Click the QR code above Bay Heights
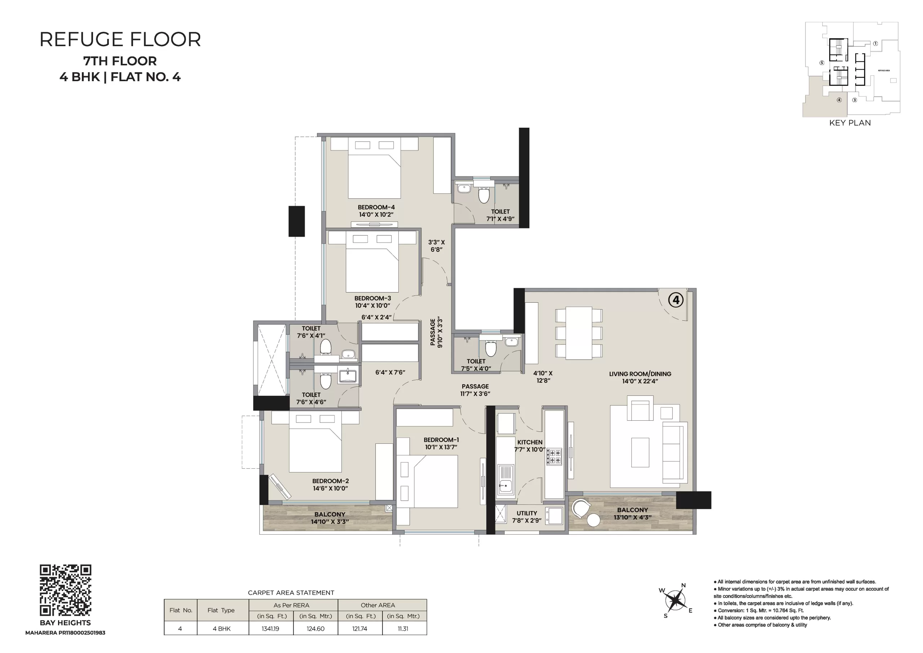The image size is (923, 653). point(66,590)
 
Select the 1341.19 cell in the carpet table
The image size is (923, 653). point(270,628)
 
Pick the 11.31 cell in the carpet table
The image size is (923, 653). point(403,628)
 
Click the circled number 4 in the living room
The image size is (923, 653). point(676,300)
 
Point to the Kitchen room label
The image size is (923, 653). point(530,442)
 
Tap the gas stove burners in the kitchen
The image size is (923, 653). point(553,457)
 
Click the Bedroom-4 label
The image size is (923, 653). point(376,207)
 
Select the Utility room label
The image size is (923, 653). point(527,513)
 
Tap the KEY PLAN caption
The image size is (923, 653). point(850,123)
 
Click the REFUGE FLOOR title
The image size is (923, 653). point(120,39)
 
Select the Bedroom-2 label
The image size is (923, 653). point(331,481)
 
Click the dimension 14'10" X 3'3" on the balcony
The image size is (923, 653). point(330,522)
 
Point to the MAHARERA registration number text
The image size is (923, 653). point(65,632)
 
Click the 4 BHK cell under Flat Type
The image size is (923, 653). point(221,628)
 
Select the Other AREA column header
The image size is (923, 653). point(378,605)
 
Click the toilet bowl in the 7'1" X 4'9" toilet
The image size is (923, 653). point(483,195)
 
